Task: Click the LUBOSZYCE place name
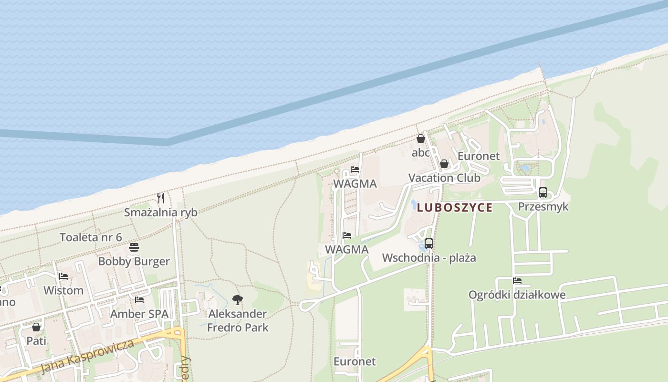tap(454, 208)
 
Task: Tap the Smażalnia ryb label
tap(161, 212)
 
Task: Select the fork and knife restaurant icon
tap(161, 198)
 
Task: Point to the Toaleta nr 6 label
tap(91, 237)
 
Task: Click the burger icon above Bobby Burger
tap(134, 247)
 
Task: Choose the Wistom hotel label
tap(63, 290)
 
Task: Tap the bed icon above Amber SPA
tap(139, 300)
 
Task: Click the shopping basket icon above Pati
tap(36, 327)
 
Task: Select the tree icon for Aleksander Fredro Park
tap(237, 300)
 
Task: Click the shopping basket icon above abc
tap(421, 139)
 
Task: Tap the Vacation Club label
tap(444, 178)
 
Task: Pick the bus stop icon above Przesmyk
tap(543, 192)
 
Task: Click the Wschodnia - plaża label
tap(429, 258)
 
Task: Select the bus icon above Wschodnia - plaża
tap(429, 244)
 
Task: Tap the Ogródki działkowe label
tap(517, 295)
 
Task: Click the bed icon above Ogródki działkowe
tap(517, 281)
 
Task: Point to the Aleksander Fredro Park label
tap(238, 320)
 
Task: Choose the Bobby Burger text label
tap(134, 262)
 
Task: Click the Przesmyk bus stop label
tap(543, 207)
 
